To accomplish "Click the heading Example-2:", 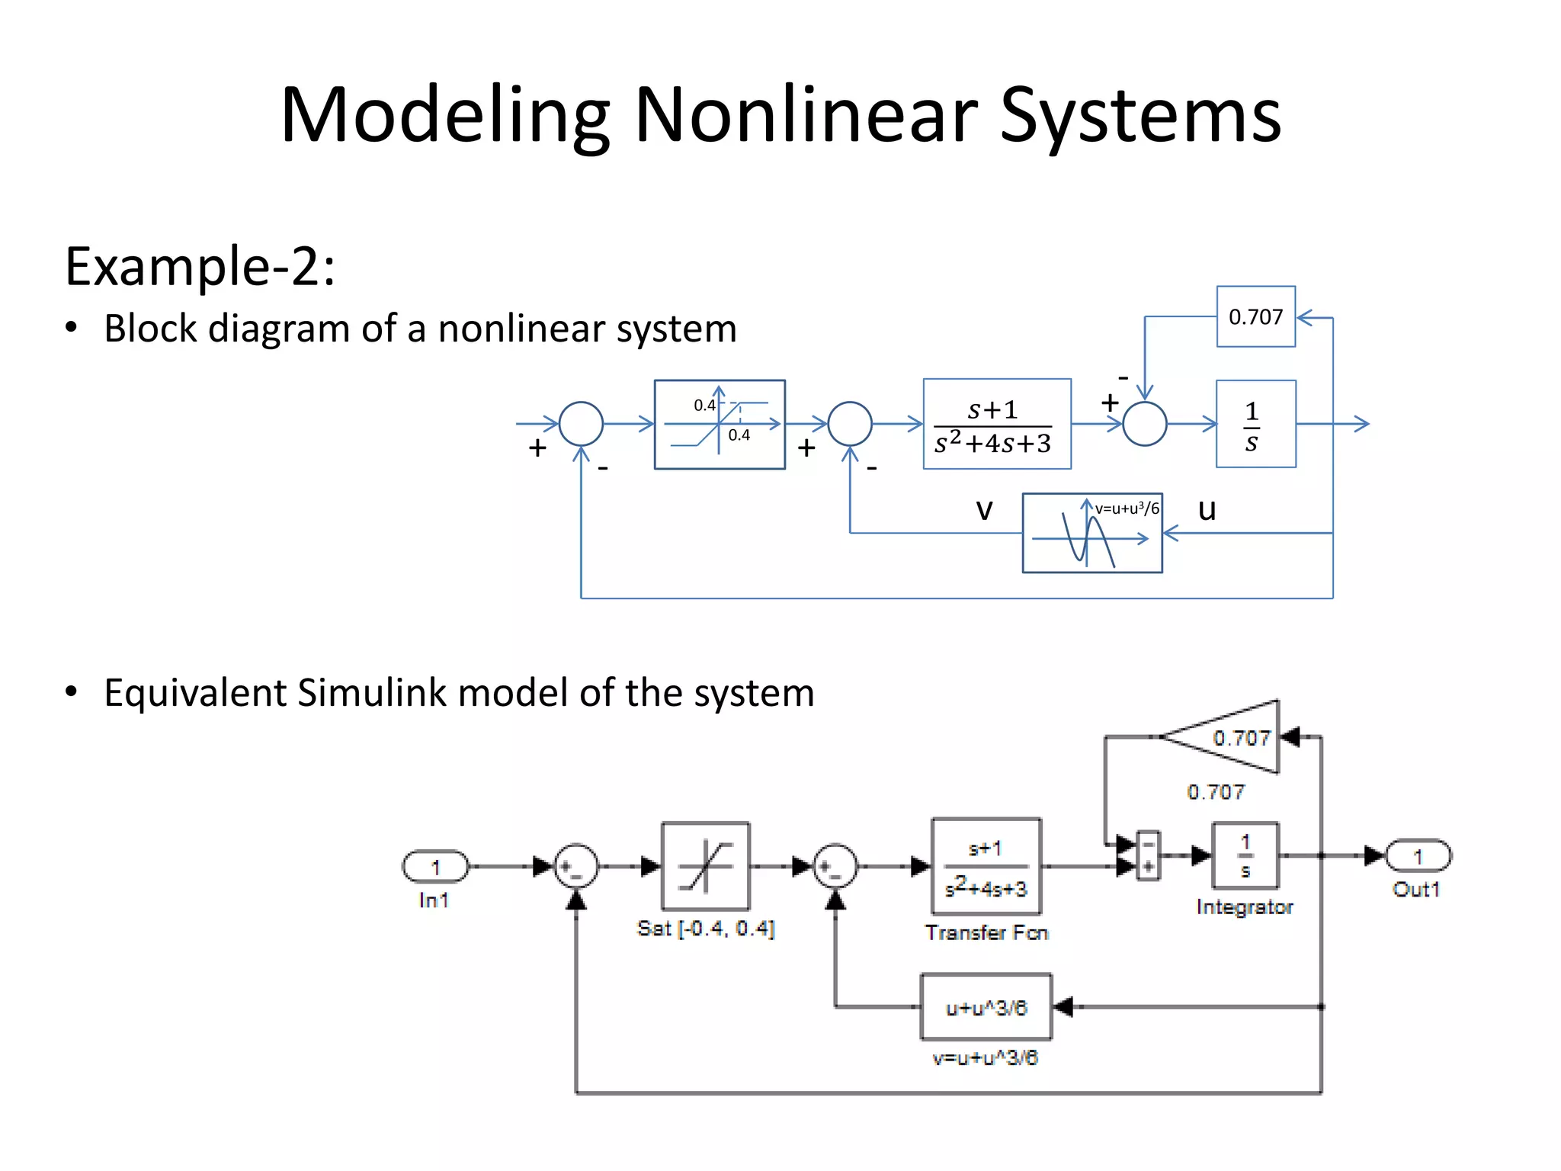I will pos(200,267).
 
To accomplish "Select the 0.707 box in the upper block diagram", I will pos(1255,316).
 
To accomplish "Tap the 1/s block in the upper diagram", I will pos(1255,424).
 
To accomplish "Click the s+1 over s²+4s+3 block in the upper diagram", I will pos(996,424).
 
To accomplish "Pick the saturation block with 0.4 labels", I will pos(720,424).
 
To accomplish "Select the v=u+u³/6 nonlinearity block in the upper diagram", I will pos(1091,533).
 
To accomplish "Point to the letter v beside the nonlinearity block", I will pos(984,509).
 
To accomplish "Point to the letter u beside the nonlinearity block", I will pos(1207,509).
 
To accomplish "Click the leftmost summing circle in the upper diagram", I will pos(581,424).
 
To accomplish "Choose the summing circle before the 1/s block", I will pos(1144,424).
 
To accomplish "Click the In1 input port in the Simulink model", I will pos(435,867).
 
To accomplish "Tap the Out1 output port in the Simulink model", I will pos(1418,856).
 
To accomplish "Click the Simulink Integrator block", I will pos(1245,856).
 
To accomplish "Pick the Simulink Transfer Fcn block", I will pos(986,867).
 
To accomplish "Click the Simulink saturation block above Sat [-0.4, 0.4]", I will pos(706,866).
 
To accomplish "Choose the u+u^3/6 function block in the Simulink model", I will pos(986,1007).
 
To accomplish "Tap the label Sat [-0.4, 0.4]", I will pos(706,929).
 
